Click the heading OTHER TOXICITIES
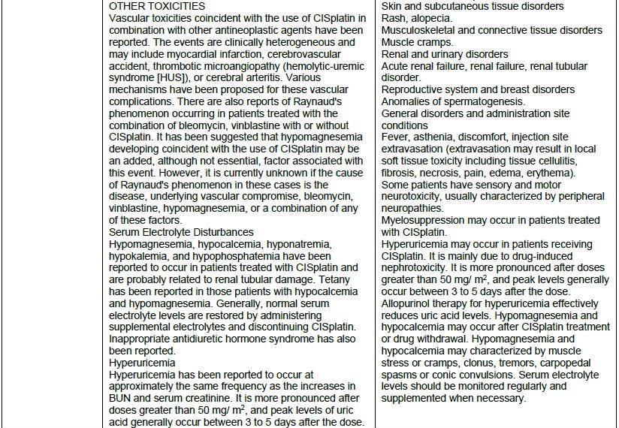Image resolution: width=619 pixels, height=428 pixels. [157, 6]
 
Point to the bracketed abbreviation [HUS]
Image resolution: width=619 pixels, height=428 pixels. [185, 78]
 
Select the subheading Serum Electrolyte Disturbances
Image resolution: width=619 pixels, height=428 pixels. [181, 233]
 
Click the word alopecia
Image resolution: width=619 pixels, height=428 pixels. [435, 18]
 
